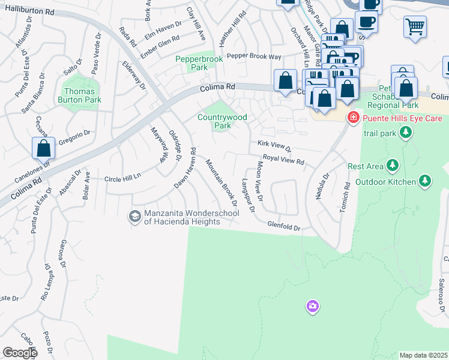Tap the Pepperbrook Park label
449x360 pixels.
199,63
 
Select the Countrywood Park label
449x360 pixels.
222,122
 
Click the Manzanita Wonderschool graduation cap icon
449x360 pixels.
135,215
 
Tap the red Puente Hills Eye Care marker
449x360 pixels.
353,117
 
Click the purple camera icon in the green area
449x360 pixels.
312,307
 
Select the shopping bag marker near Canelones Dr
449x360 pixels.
44,148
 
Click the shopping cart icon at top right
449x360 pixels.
415,26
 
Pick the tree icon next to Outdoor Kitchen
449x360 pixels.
425,180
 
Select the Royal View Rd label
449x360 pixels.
284,160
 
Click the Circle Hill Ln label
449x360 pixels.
122,178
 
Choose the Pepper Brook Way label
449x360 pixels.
254,56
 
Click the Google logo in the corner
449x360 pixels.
20,353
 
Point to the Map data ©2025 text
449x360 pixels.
424,355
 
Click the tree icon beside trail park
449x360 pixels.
406,131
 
